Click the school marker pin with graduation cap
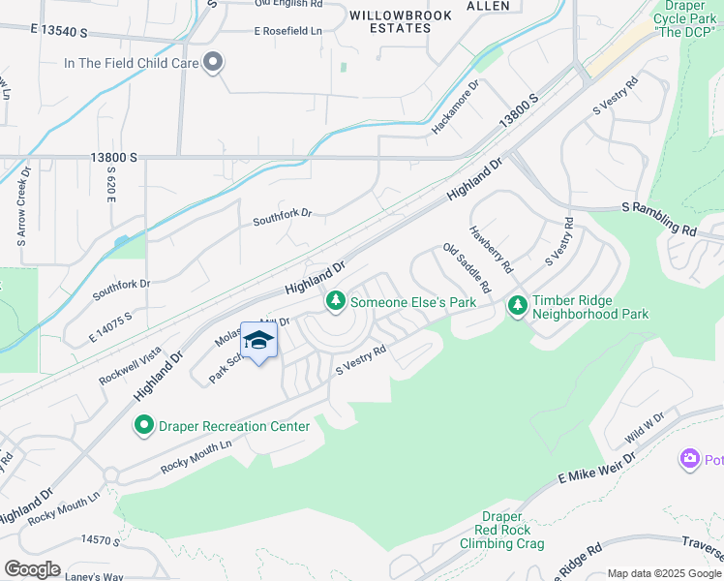tap(258, 340)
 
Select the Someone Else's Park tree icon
tap(336, 302)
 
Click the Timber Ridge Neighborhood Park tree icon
tap(518, 306)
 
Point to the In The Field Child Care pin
tap(213, 63)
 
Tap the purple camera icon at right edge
tap(689, 458)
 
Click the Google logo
tap(32, 569)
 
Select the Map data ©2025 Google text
tap(664, 573)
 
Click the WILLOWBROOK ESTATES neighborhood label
tap(404, 21)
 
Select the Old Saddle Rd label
tap(467, 268)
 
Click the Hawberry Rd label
tap(491, 248)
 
